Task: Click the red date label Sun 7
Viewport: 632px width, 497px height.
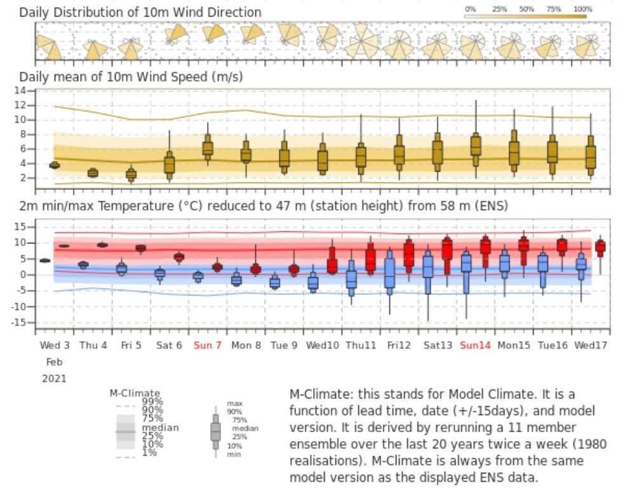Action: point(208,345)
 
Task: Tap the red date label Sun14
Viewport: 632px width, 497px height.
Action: point(476,345)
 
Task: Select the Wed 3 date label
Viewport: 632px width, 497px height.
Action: point(55,345)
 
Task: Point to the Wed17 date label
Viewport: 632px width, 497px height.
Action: point(590,345)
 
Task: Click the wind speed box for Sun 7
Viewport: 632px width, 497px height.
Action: point(208,149)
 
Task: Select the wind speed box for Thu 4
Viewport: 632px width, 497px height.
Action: point(93,173)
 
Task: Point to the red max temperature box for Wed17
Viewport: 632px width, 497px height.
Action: point(600,248)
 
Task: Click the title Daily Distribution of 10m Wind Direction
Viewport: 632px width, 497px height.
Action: point(140,12)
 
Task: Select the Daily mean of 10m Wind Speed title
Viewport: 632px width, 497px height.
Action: point(131,77)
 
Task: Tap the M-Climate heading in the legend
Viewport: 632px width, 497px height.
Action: point(135,393)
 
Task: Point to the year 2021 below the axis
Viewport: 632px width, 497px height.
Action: point(54,378)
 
